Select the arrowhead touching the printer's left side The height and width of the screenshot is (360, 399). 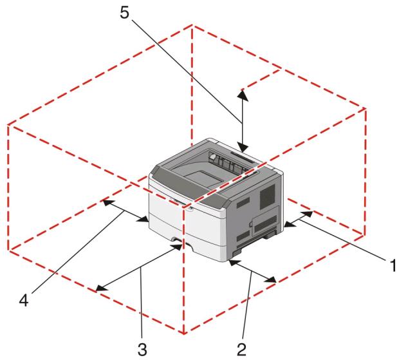pyautogui.click(x=145, y=220)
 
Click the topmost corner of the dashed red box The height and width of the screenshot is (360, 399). pyautogui.click(x=192, y=25)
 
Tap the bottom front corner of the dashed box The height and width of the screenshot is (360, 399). pyautogui.click(x=185, y=334)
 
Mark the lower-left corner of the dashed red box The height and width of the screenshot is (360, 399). pyautogui.click(x=8, y=249)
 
